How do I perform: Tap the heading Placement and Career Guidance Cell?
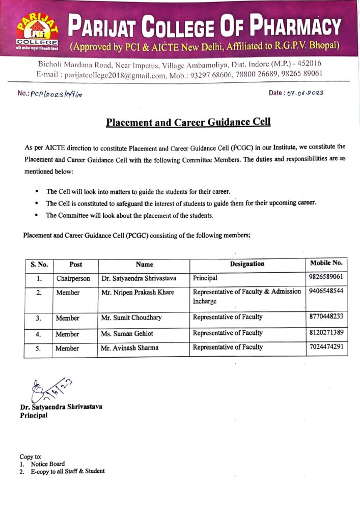click(188, 123)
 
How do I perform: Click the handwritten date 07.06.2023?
click(305, 93)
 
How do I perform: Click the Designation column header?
click(247, 264)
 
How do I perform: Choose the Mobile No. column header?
click(326, 264)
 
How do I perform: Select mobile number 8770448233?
click(326, 316)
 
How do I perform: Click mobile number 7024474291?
click(326, 347)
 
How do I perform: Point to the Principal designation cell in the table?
click(205, 278)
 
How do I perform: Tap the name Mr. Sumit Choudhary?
click(131, 317)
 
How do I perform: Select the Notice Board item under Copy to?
click(47, 464)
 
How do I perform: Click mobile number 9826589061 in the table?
click(326, 277)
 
